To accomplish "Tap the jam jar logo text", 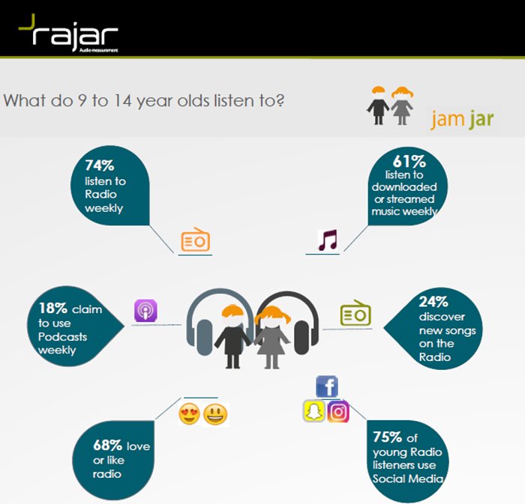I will (x=462, y=119).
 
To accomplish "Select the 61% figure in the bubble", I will (x=409, y=161).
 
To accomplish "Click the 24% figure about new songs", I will (x=433, y=303).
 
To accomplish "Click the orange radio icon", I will (x=195, y=240).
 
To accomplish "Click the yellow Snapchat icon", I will (x=313, y=411).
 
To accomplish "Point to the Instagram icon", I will (x=338, y=411).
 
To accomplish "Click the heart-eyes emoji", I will (x=189, y=413).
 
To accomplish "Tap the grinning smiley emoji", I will (x=214, y=413).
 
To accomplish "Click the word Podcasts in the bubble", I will (x=62, y=336).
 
